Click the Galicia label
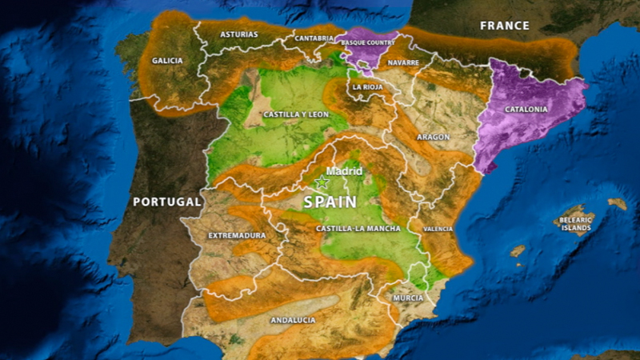coord(167,61)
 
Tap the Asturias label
coord(239,35)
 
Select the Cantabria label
coord(314,38)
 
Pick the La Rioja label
coord(368,86)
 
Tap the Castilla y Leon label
coord(296,114)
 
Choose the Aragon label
coord(433,137)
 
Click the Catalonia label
coord(526,109)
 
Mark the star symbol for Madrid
coord(322,182)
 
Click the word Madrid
coord(345,171)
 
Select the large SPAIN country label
coord(330,202)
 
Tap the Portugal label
coord(167,202)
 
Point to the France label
coord(505,26)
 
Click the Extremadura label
coord(237,236)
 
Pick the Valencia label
coord(438,229)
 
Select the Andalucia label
coord(293,320)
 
